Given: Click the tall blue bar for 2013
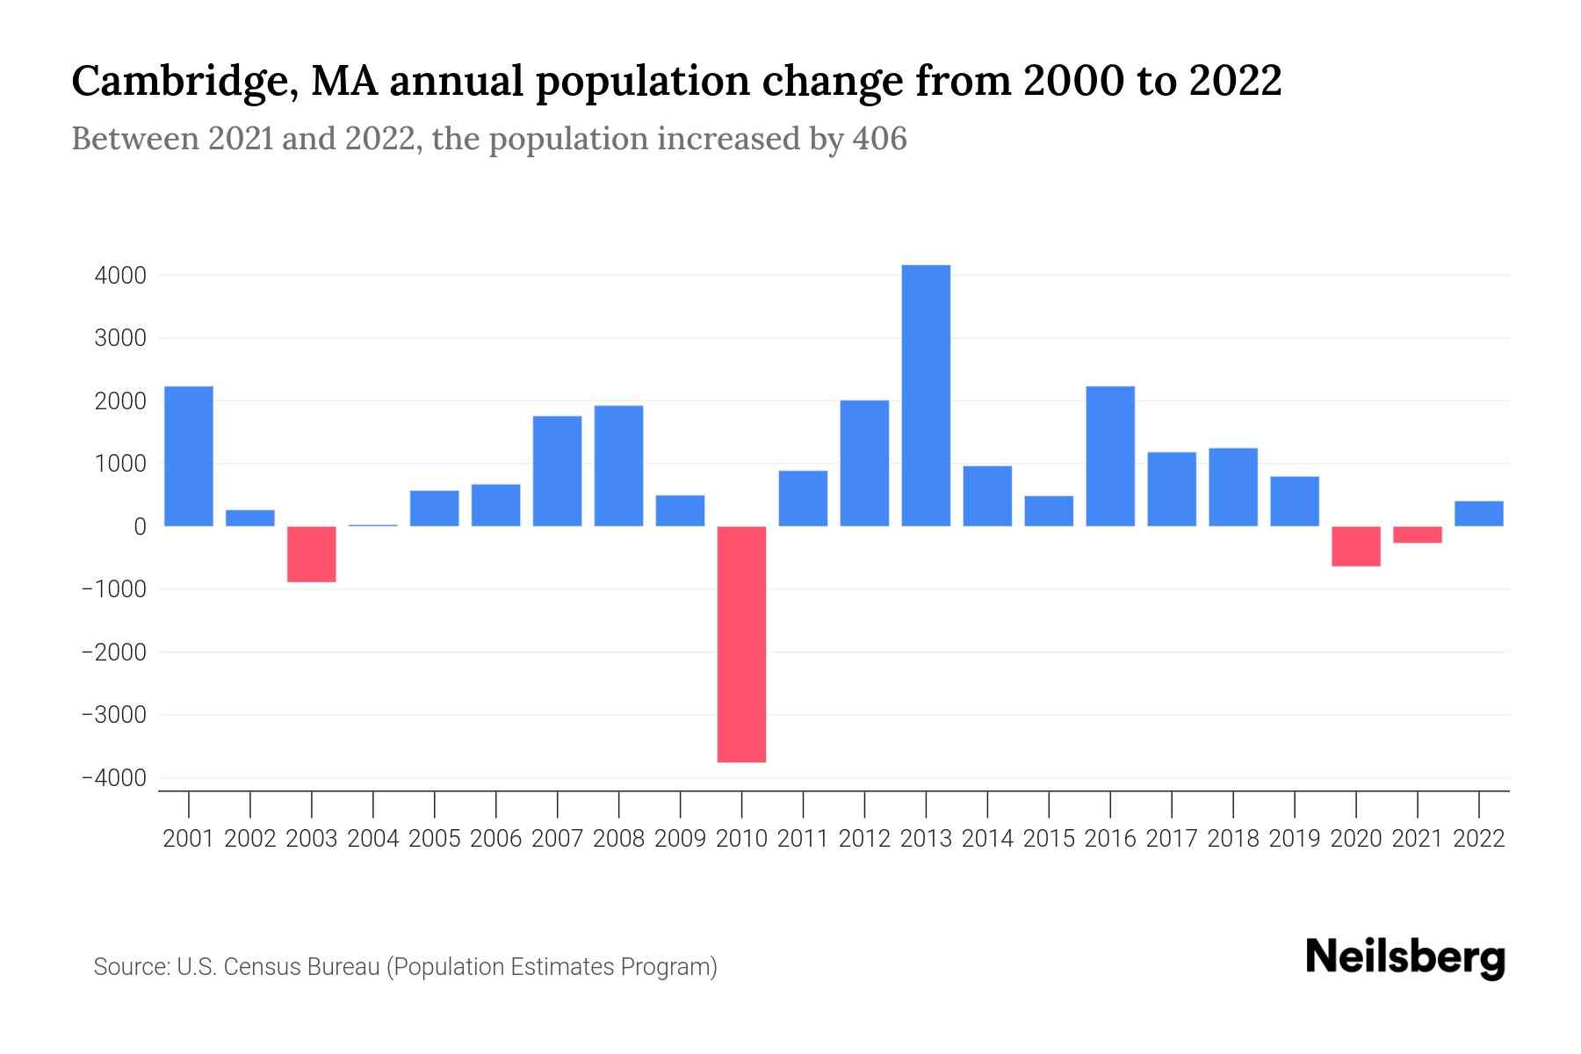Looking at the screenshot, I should click(x=926, y=395).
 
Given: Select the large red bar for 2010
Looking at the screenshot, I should click(x=741, y=644).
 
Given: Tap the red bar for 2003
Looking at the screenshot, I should click(x=312, y=554).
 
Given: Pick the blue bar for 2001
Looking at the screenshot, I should click(x=189, y=456).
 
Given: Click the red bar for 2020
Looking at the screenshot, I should click(x=1356, y=546).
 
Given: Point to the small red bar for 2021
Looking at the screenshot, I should click(x=1418, y=535).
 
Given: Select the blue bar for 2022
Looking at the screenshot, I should click(x=1479, y=514).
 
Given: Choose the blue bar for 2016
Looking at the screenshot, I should click(x=1110, y=456).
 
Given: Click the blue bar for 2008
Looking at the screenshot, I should click(x=618, y=466).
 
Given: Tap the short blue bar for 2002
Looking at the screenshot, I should click(x=250, y=518).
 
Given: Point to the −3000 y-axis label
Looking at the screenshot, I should click(x=113, y=715).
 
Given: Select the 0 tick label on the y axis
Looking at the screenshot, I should click(x=140, y=527).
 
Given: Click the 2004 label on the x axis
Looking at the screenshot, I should click(x=373, y=839).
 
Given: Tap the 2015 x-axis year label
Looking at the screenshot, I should click(x=1049, y=839).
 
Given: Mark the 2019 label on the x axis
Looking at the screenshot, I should click(x=1295, y=839).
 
